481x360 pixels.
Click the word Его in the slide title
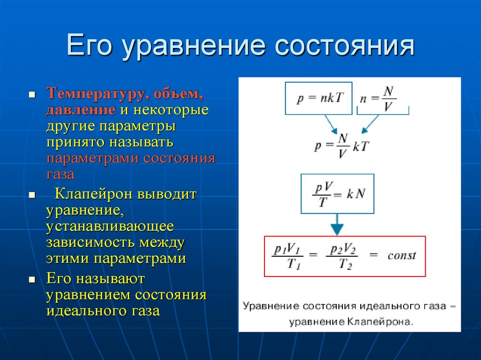click(x=91, y=47)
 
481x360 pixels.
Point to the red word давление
click(x=80, y=110)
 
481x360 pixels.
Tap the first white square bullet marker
click(x=32, y=94)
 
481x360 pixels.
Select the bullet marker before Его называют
click(x=32, y=280)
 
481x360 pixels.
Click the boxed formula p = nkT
click(x=318, y=98)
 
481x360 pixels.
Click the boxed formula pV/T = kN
click(x=337, y=193)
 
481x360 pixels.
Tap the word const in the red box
click(x=402, y=256)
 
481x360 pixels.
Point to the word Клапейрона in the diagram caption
click(x=381, y=322)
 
